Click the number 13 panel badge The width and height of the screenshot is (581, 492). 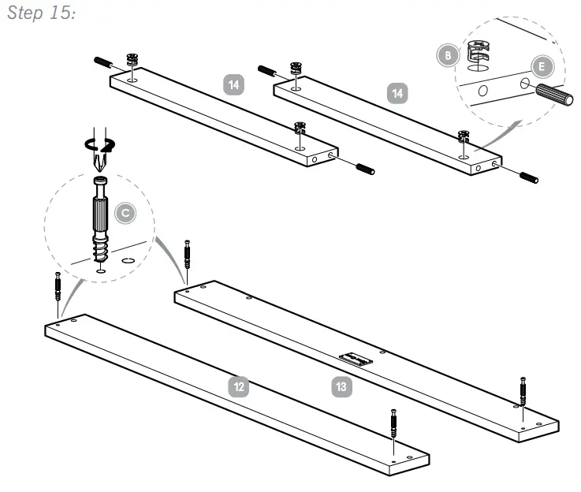340,386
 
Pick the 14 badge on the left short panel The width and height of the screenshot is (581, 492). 233,84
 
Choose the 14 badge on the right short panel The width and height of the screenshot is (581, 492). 400,93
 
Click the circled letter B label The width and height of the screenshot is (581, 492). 447,54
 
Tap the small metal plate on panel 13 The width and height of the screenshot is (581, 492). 356,359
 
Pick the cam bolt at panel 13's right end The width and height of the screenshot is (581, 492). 523,390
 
